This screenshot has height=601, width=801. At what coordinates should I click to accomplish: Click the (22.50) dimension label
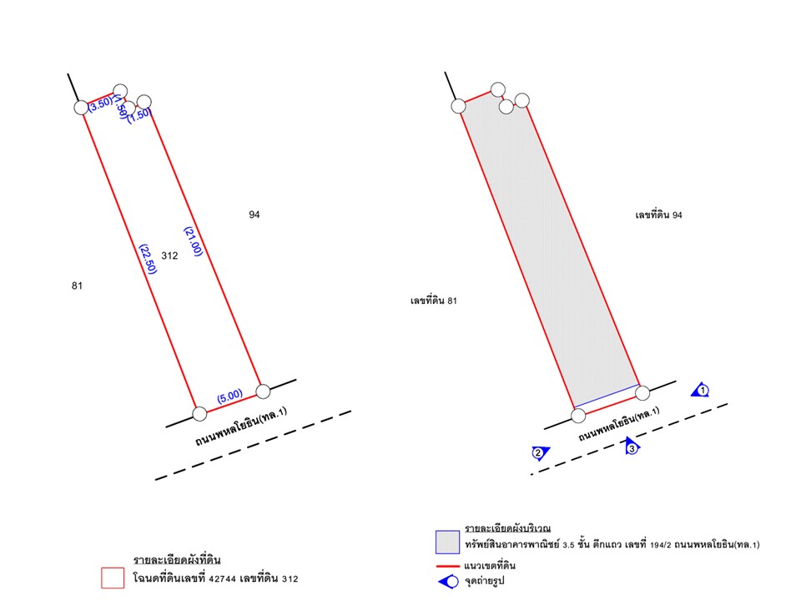(x=148, y=259)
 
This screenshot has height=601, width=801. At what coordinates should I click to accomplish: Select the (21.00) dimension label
(x=193, y=241)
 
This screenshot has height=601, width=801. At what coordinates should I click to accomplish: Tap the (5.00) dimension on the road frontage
(x=230, y=396)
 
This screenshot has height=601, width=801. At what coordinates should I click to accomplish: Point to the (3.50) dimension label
(x=100, y=104)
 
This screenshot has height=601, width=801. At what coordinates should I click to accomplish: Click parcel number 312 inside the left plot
(x=169, y=255)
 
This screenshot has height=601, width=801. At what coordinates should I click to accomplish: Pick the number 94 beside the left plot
(x=254, y=215)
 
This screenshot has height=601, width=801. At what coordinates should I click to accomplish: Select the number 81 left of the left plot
(x=77, y=285)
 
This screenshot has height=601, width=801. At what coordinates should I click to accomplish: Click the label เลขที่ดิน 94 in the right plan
(x=658, y=215)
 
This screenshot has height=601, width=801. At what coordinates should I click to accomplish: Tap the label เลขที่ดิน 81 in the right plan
(x=434, y=300)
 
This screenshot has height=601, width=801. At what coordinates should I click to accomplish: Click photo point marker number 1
(x=701, y=391)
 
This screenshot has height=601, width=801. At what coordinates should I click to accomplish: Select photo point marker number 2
(x=540, y=452)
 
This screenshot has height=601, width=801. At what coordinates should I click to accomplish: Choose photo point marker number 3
(x=632, y=447)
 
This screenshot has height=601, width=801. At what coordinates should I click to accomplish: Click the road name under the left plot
(x=241, y=427)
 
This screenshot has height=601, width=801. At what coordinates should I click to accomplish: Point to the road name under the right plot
(x=619, y=424)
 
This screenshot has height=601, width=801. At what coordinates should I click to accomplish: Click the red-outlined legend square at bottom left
(x=113, y=578)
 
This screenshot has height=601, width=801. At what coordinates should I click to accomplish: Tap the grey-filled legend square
(x=447, y=543)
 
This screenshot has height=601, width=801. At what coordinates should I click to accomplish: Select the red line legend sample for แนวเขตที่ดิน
(x=448, y=566)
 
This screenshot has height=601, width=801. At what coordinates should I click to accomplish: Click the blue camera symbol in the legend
(x=449, y=582)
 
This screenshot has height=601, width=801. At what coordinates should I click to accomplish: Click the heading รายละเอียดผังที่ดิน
(x=177, y=559)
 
